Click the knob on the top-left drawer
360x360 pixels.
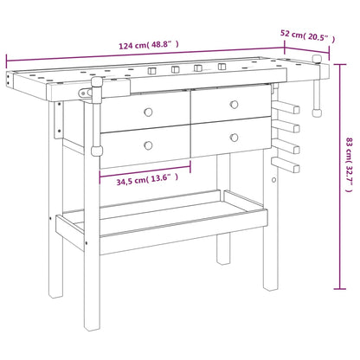(x=148, y=112)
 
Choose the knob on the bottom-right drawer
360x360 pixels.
(x=233, y=135)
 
